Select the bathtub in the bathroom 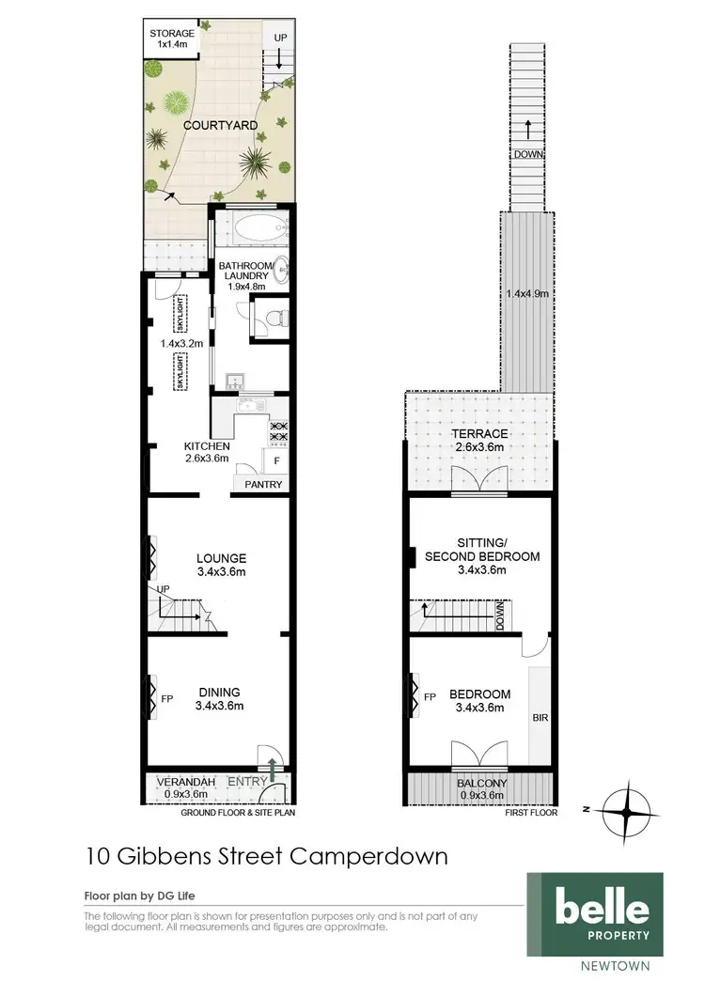[251, 227]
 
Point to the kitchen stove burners [278, 431]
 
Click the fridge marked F [276, 461]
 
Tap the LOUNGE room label [221, 557]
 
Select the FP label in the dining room [167, 699]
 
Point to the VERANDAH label [176, 782]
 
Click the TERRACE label [478, 434]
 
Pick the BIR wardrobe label [540, 717]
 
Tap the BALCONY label [480, 784]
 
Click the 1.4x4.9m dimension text [527, 294]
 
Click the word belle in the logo [601, 908]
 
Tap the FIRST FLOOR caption [532, 813]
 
